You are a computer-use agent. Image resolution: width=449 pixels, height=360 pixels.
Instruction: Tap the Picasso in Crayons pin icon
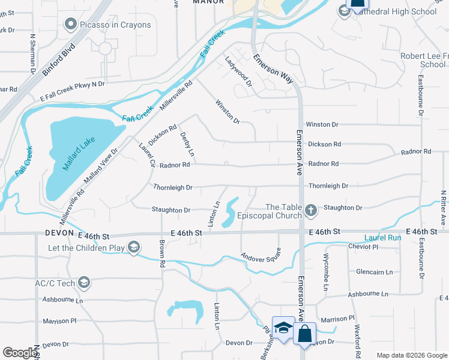pos(71,24)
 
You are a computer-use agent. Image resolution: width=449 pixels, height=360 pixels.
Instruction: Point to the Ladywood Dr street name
pos(237,71)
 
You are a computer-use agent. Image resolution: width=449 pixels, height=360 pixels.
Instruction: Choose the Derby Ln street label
pos(187,145)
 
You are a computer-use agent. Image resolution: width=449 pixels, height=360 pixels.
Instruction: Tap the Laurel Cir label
pos(147,155)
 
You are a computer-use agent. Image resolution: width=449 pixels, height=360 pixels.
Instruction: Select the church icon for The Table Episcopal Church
pos(310,210)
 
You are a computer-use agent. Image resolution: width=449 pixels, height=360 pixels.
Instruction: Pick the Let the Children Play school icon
pos(134,247)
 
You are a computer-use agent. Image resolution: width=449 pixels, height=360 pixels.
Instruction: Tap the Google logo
pos(20,353)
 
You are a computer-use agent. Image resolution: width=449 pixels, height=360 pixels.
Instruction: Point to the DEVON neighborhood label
pos(59,233)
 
